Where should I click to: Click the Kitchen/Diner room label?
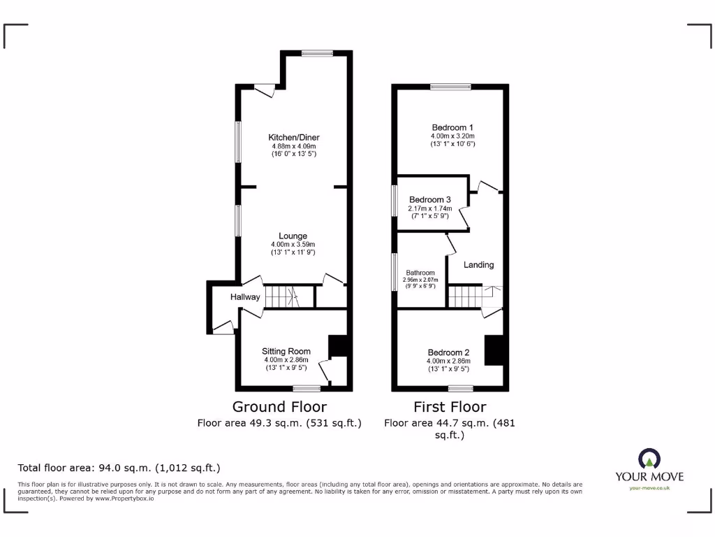pos(294,137)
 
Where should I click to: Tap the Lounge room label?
pos(293,236)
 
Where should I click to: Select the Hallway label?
pos(245,297)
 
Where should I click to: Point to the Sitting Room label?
pos(286,351)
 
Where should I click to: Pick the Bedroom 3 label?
pos(430,199)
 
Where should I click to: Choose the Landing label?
pos(479,265)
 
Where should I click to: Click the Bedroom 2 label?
pos(448,352)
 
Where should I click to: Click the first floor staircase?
pos(466,296)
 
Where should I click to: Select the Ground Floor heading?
pos(279,407)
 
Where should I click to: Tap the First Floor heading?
pos(450,407)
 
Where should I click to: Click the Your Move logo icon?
pos(649,459)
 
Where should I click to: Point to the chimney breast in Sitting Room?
pos(337,347)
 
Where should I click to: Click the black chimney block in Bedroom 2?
pos(494,350)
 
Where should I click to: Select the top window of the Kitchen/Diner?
pos(318,52)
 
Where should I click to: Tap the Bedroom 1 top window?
pos(450,87)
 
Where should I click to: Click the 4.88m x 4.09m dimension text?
pos(294,146)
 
